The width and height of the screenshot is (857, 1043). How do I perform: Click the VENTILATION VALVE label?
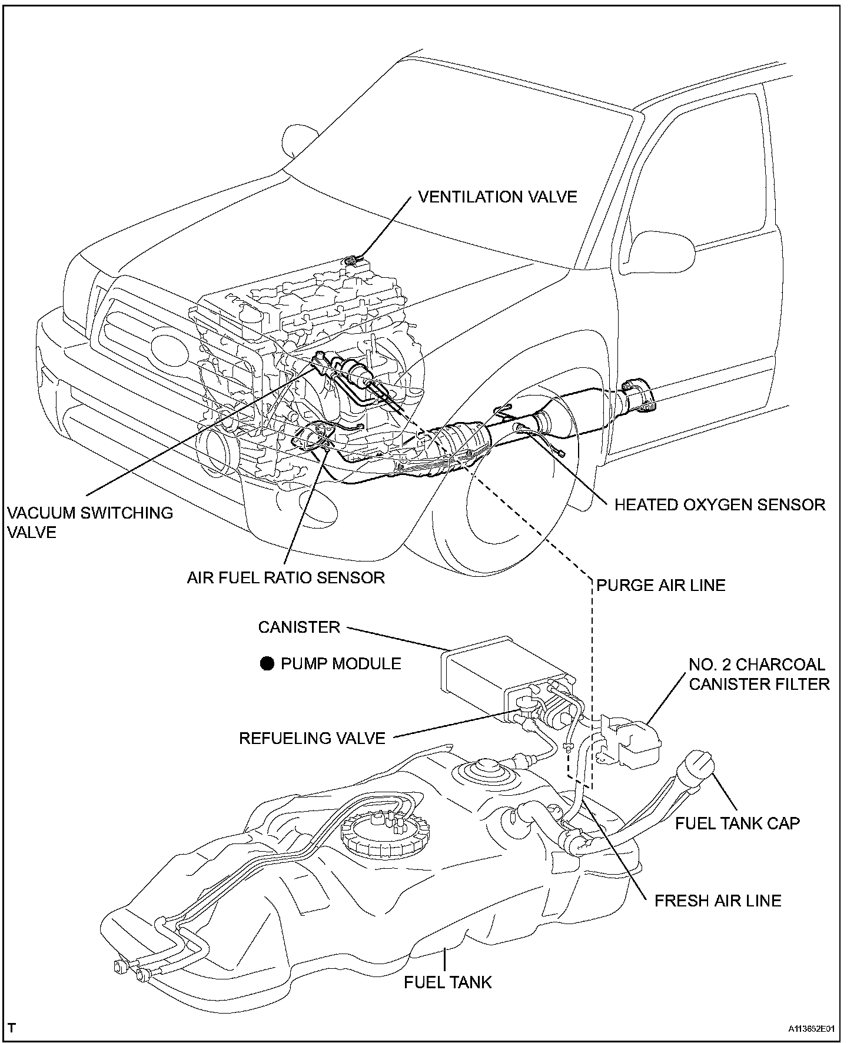[x=497, y=197]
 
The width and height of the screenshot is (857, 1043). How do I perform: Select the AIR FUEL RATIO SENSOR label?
[x=286, y=577]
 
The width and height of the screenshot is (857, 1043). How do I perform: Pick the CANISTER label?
[x=299, y=627]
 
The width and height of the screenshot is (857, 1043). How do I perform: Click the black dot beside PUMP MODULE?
[x=268, y=664]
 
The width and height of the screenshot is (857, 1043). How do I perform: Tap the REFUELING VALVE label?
[x=312, y=738]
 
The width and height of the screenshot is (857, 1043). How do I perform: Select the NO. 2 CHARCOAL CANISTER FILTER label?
[x=759, y=674]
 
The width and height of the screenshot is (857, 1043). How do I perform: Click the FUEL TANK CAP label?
[x=737, y=823]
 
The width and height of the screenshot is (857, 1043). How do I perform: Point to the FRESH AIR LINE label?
[x=718, y=901]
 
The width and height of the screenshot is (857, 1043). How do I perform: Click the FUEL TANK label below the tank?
[x=447, y=982]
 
